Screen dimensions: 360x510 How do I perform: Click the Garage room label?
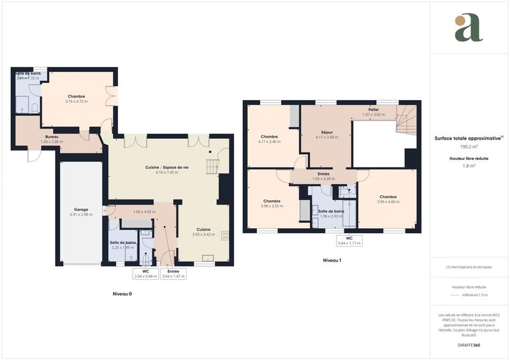(x=81, y=210)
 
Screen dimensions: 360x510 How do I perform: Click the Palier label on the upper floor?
(x=374, y=110)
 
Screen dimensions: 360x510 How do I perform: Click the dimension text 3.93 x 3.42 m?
(x=203, y=234)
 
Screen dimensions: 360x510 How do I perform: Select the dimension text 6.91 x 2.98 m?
(x=81, y=215)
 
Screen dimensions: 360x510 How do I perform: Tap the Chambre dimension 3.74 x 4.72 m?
(x=76, y=101)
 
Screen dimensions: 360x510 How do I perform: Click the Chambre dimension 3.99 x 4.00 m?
(x=388, y=202)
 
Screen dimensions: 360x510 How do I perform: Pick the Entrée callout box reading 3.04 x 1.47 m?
(x=173, y=274)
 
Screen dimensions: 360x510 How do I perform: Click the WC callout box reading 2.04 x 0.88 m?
(x=145, y=274)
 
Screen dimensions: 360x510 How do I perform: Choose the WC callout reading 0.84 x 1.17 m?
(x=349, y=241)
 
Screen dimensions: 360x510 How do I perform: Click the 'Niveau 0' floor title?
(x=122, y=294)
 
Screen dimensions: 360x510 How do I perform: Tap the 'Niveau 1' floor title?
(x=332, y=261)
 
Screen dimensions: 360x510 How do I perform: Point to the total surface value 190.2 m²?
(x=469, y=146)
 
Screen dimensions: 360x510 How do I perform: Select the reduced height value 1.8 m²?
(x=469, y=165)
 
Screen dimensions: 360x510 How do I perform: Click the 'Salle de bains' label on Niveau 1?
(x=332, y=211)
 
